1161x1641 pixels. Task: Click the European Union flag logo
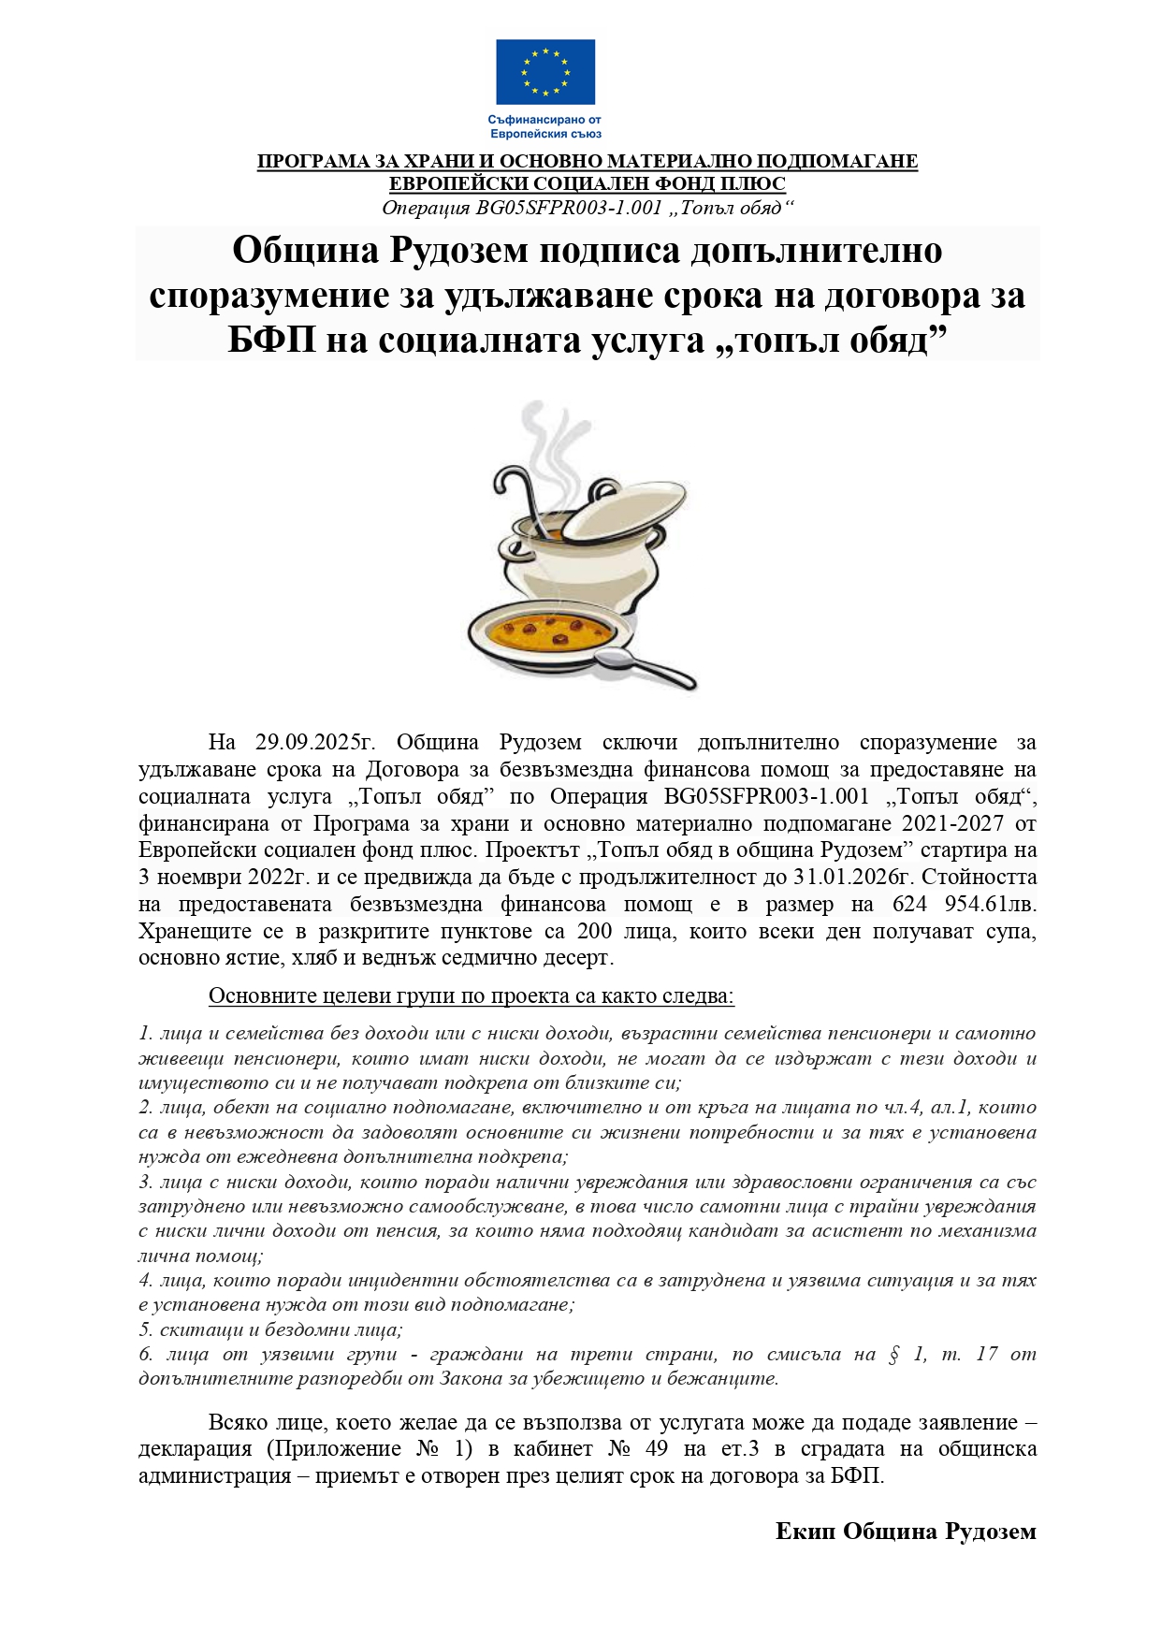[x=544, y=71]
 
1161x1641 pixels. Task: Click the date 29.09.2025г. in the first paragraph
[x=314, y=743]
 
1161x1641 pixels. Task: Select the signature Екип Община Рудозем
[x=906, y=1532]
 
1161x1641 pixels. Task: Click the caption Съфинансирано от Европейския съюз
[x=544, y=126]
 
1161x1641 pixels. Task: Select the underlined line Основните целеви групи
[x=471, y=995]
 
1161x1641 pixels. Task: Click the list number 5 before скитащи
[x=145, y=1329]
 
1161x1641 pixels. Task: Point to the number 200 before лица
[x=594, y=932]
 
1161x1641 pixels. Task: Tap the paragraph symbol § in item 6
[x=893, y=1354]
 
